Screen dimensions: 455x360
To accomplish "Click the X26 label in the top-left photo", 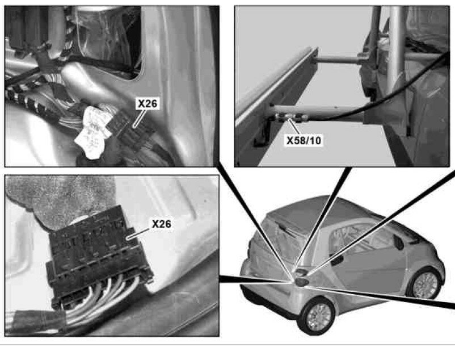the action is point(148,103).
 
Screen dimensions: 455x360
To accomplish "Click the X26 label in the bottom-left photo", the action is point(162,224).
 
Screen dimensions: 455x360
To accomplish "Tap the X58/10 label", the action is point(304,140).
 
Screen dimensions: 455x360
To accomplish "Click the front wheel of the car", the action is point(425,284).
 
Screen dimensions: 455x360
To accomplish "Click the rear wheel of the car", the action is point(319,316).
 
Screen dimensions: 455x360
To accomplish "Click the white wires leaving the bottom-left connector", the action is point(102,299).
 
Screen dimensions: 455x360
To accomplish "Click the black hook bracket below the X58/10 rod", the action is point(263,134).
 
